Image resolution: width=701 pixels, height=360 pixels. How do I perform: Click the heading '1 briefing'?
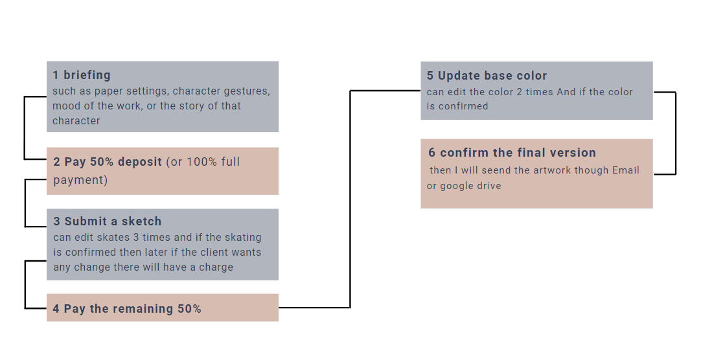(x=82, y=75)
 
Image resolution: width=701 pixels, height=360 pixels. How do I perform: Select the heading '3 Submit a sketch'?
(x=108, y=221)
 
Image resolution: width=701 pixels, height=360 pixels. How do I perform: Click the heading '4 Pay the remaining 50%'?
(x=127, y=309)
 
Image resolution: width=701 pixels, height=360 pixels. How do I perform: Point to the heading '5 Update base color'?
(x=487, y=76)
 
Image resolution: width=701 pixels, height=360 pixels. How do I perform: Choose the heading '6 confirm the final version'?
(x=512, y=152)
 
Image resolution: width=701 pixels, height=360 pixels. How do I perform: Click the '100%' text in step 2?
(x=201, y=162)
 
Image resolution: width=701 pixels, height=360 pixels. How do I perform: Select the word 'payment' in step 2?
(x=78, y=180)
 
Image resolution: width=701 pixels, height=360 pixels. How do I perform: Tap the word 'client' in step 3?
(x=215, y=252)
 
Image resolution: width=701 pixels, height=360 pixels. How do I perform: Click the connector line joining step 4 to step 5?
(x=350, y=199)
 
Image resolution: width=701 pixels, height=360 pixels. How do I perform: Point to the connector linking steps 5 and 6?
(x=676, y=133)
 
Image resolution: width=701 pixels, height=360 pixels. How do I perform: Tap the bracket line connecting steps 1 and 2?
(x=24, y=128)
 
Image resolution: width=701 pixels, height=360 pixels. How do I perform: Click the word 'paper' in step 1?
(x=109, y=91)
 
